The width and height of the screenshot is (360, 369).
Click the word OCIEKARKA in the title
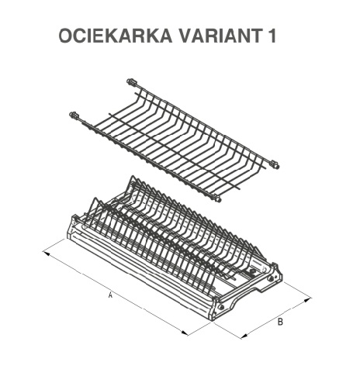(116, 36)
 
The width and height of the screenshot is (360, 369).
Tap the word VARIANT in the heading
(221, 36)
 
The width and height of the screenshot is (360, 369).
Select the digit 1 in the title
(272, 36)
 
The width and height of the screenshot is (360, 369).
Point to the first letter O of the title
(66, 36)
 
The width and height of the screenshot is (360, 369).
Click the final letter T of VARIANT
(257, 36)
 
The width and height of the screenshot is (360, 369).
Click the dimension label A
(110, 295)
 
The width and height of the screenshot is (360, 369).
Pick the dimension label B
(280, 322)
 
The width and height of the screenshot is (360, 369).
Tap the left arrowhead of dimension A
(46, 253)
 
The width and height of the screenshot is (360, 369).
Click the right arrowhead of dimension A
(185, 333)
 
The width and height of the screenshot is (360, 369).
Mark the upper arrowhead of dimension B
(307, 300)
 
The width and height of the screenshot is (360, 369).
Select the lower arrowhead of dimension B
(244, 336)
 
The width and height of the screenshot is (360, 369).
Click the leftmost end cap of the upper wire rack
(74, 115)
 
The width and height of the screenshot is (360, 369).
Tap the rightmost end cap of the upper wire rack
(275, 164)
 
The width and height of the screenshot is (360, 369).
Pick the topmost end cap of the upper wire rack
(131, 81)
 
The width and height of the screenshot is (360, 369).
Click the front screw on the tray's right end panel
(221, 307)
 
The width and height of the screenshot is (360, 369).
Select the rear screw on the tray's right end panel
(271, 278)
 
